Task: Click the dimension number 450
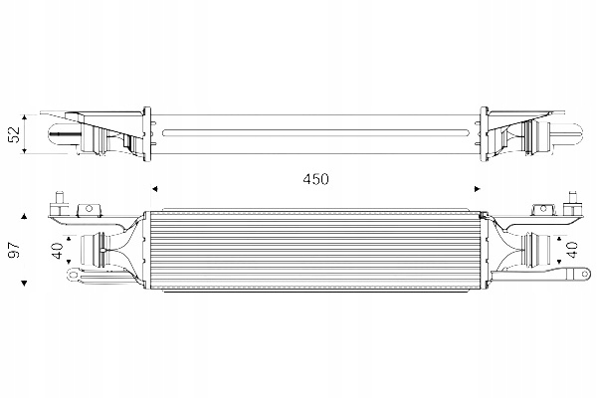pos(315,180)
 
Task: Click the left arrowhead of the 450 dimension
pos(154,186)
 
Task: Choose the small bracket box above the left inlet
pos(88,209)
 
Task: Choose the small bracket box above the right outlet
pos(543,209)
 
